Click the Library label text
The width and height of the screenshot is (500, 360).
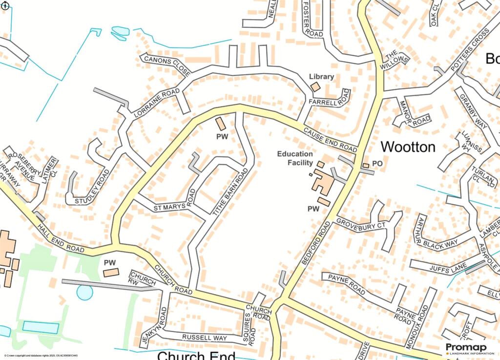click(x=322, y=77)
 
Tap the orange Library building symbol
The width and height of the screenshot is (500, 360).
click(x=315, y=86)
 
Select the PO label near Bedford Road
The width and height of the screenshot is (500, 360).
click(x=377, y=164)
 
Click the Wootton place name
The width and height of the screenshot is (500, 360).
click(x=408, y=147)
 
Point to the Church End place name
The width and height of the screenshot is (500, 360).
click(x=196, y=355)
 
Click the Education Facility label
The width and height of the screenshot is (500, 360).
click(x=295, y=158)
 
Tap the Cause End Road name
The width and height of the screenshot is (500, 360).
click(x=330, y=139)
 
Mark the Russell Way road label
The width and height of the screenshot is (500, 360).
click(x=205, y=338)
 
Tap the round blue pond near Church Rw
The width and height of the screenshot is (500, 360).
click(x=84, y=293)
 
